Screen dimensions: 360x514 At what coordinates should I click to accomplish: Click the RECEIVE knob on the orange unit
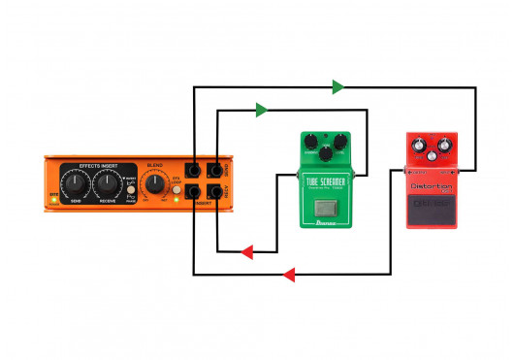[109, 181]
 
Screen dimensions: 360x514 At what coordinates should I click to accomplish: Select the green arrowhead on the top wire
[337, 87]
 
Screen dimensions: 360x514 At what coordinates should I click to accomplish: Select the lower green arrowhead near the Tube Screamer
[262, 110]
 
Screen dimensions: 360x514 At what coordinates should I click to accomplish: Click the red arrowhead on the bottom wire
[288, 276]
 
